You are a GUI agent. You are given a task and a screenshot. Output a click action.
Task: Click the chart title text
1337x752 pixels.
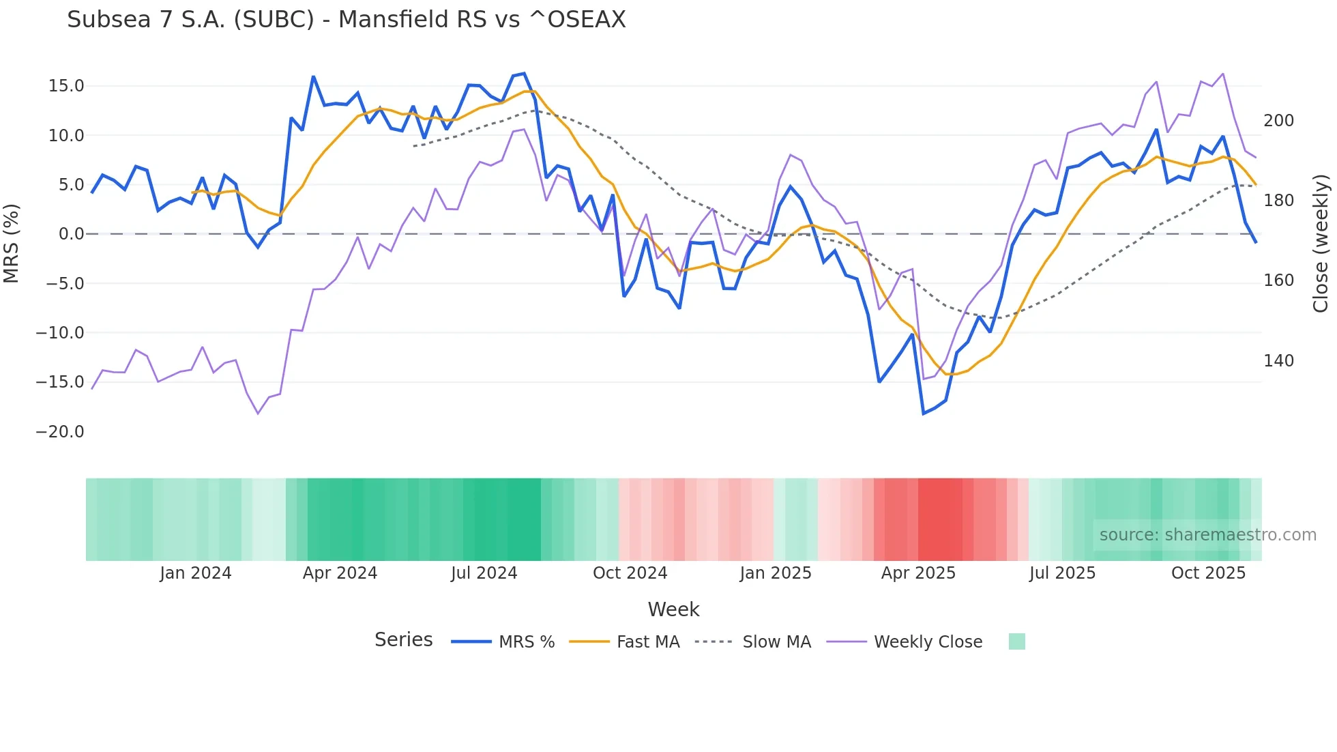click(x=346, y=20)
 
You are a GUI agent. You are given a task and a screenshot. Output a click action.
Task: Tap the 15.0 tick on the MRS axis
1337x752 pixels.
click(x=66, y=86)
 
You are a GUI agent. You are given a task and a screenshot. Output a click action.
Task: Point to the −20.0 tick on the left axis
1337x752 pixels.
click(x=60, y=432)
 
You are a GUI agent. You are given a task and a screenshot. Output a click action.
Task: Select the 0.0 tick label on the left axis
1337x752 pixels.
click(x=71, y=234)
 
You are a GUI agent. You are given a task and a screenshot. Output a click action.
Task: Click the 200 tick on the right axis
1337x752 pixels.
click(x=1278, y=121)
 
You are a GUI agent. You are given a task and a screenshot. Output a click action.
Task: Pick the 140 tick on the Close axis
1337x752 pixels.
click(x=1278, y=361)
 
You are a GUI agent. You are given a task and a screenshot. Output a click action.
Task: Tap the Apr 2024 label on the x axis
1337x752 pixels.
click(x=340, y=573)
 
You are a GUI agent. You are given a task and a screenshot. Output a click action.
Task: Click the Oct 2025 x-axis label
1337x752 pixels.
click(x=1208, y=573)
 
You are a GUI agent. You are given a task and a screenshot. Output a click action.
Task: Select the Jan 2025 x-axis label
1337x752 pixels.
click(x=776, y=573)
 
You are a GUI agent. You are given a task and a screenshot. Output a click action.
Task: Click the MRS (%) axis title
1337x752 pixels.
click(x=12, y=243)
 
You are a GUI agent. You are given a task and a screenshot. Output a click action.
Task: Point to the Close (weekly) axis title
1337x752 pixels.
click(x=1321, y=243)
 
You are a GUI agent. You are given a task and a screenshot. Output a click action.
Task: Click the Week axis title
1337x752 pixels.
click(x=673, y=609)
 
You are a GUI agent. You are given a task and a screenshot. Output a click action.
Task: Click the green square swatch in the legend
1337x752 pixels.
click(x=1016, y=641)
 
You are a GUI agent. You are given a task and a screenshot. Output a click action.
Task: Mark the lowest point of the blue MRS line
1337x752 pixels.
click(x=924, y=414)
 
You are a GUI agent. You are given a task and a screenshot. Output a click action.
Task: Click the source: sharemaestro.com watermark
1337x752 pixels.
click(x=1207, y=535)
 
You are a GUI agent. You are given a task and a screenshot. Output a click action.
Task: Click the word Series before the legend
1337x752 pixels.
click(x=403, y=640)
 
